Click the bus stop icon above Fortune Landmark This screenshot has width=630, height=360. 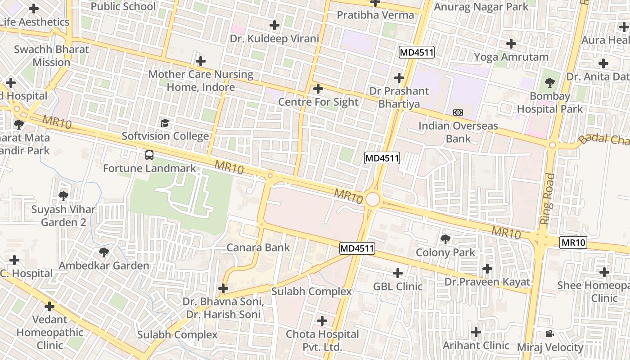coord(149,155)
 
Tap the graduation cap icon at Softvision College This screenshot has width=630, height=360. coord(165,123)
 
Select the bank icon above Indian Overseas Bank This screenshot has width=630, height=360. coord(458,112)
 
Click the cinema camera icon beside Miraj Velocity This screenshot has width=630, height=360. coord(549,333)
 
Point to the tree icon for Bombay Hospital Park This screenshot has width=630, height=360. coord(549,83)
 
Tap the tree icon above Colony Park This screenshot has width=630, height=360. coord(445,239)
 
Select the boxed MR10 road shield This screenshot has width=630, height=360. coord(574,243)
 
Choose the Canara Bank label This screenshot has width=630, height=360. coord(258,247)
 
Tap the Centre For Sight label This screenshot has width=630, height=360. coord(318,102)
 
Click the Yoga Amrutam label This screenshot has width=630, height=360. coord(511,57)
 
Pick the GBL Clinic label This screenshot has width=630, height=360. coord(398,287)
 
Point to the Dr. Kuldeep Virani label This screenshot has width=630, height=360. coord(274,39)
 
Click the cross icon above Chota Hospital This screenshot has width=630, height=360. coord(322,321)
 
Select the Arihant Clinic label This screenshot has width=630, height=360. coord(476,346)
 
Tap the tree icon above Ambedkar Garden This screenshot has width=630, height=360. coord(104,252)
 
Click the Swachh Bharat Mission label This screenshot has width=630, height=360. coord(51,56)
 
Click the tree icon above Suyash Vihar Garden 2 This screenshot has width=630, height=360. coord(63,196)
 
